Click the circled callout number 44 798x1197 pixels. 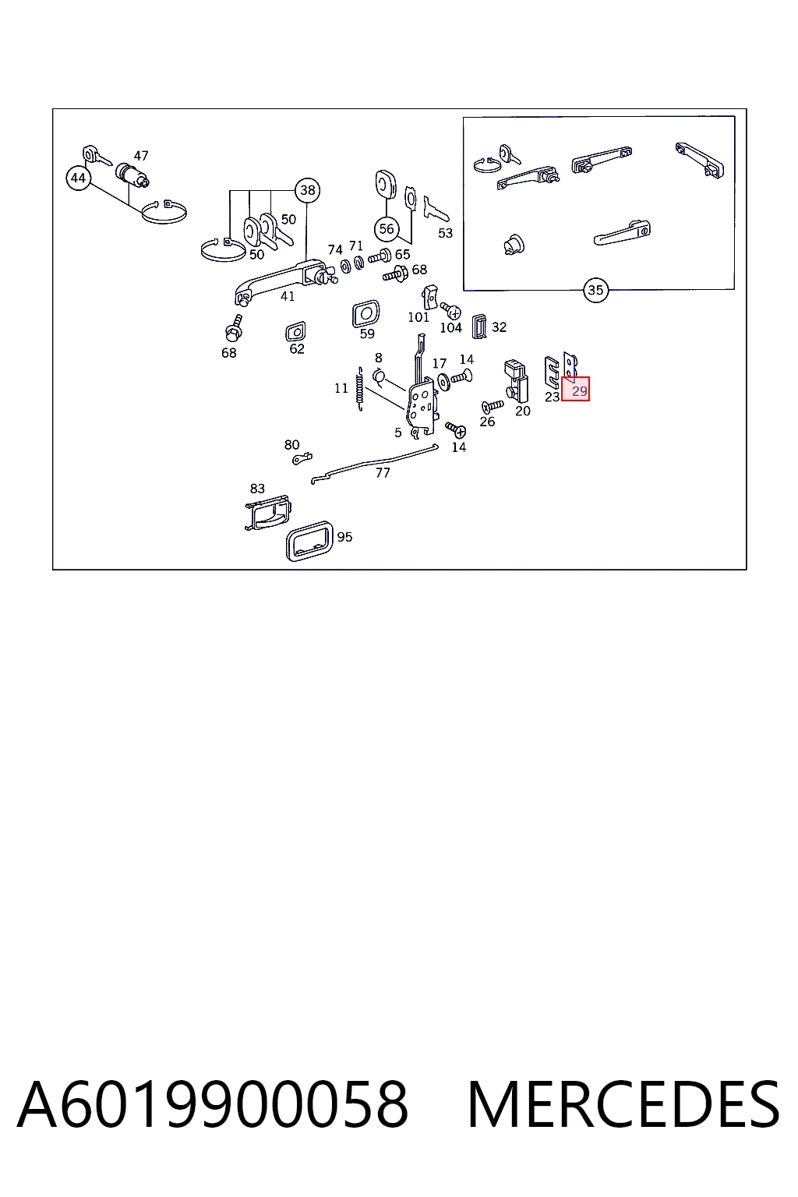pos(78,178)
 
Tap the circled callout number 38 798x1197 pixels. pos(307,190)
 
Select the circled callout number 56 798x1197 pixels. pos(387,229)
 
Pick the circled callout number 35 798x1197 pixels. pos(595,290)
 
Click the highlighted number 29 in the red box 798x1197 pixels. pos(579,391)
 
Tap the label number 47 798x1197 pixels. pos(140,156)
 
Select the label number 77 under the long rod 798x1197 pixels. pos(383,473)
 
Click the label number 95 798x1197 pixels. pos(344,537)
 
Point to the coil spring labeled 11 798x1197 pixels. pos(360,389)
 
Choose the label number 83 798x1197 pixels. pos(257,489)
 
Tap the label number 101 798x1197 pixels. pos(418,317)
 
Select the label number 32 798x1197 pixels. pos(499,327)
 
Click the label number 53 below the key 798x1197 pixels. pos(445,233)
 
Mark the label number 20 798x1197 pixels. pos(523,411)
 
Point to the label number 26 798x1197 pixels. pos(487,422)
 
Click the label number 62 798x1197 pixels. pos(297,349)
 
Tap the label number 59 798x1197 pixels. pos(367,334)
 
